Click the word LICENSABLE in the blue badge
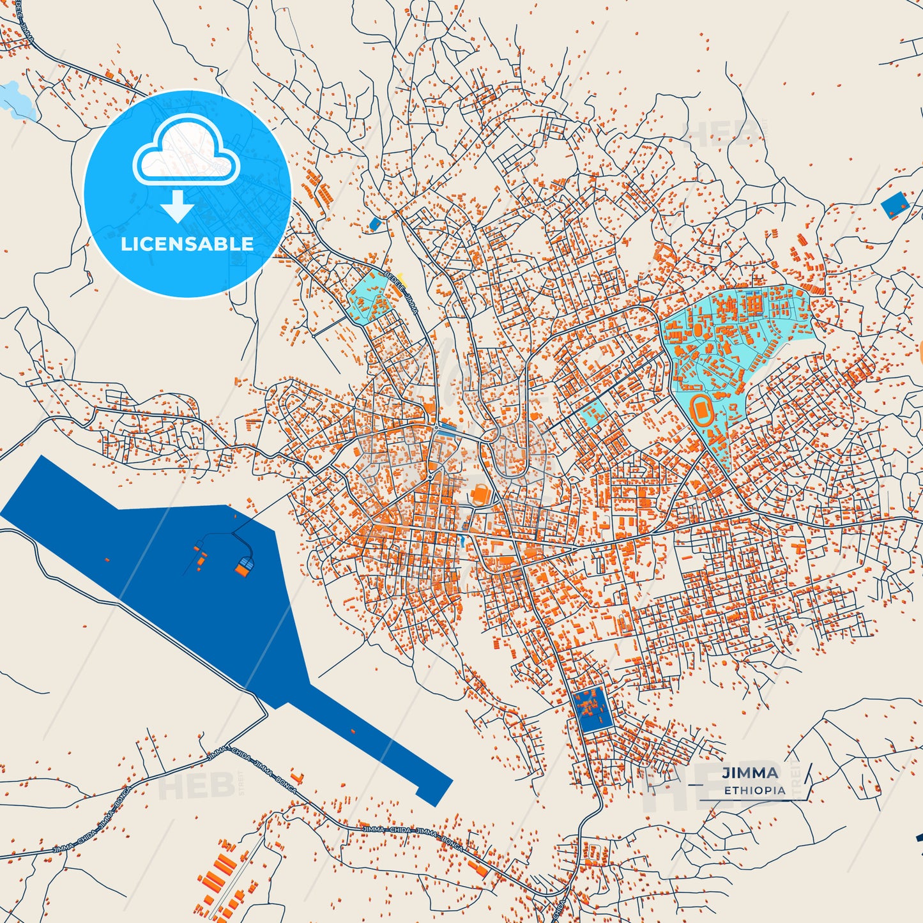tap(187, 244)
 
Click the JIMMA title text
tap(751, 773)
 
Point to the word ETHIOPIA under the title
tap(754, 790)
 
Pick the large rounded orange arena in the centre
tap(480, 495)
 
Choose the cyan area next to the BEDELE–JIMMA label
tap(369, 297)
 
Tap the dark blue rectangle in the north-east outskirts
tap(894, 205)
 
